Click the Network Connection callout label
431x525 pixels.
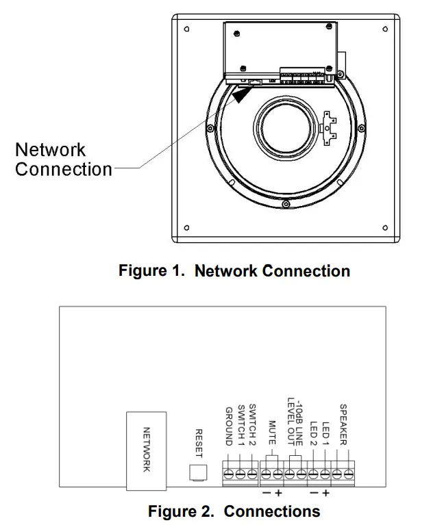[63, 159]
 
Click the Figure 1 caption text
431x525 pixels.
[234, 271]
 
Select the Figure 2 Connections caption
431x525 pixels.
[234, 511]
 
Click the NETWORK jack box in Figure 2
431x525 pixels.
[146, 450]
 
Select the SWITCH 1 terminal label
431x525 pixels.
[241, 425]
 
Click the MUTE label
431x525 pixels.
[272, 432]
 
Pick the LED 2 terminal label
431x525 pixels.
[314, 433]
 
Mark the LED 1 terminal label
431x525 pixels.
[325, 433]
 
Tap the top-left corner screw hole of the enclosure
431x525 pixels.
[187, 30]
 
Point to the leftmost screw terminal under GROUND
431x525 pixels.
[230, 474]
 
